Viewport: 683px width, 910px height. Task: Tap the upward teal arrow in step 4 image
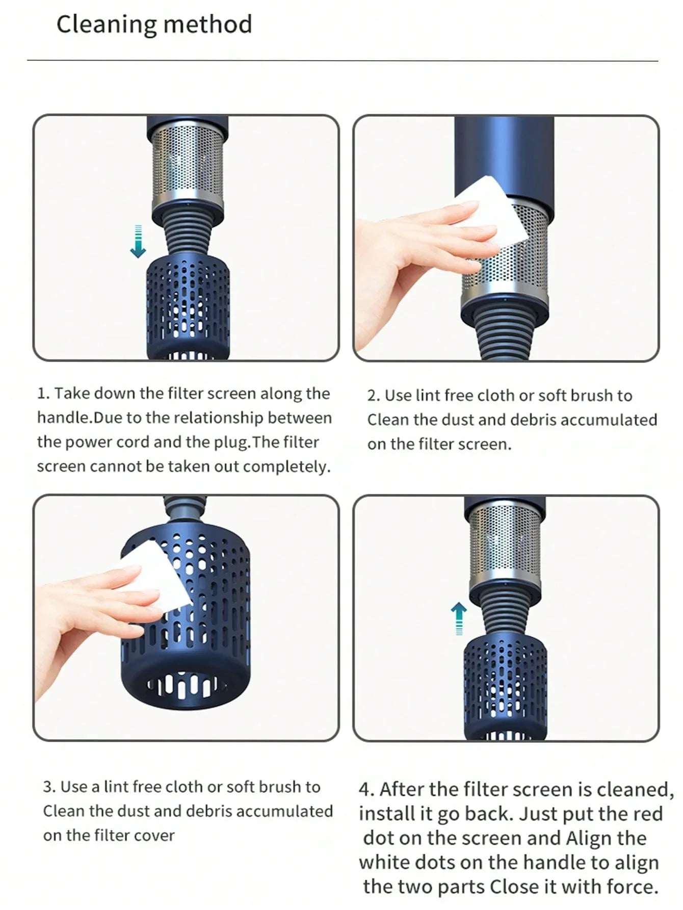click(x=459, y=617)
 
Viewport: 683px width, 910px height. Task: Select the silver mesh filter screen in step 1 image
click(x=187, y=163)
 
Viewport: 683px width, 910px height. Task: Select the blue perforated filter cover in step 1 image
click(x=188, y=306)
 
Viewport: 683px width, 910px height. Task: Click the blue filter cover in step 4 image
click(x=505, y=688)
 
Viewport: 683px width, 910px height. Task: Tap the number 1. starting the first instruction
click(x=43, y=394)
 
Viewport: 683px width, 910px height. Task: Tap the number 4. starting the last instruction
click(x=366, y=790)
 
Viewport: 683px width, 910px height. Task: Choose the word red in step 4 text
click(x=647, y=814)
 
